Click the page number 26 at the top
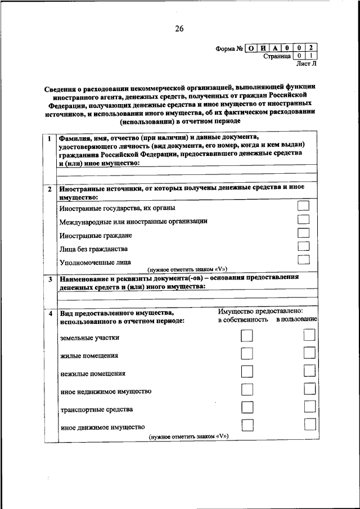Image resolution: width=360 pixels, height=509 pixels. click(x=179, y=29)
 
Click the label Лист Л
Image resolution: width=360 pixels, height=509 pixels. click(x=307, y=65)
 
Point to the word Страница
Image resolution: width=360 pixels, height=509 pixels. click(x=276, y=56)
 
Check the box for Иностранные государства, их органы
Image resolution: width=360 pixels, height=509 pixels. click(x=304, y=207)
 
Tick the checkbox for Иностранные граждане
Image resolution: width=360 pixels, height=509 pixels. click(x=304, y=233)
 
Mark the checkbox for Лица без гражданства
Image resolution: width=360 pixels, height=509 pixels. click(x=304, y=246)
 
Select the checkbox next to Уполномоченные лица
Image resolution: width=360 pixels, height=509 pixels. click(x=304, y=260)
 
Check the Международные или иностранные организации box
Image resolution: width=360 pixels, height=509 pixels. click(x=304, y=220)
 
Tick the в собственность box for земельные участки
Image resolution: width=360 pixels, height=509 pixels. click(x=246, y=336)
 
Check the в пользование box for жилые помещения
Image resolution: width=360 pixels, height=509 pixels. click(x=309, y=353)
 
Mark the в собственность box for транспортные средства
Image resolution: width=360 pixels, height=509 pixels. click(x=246, y=407)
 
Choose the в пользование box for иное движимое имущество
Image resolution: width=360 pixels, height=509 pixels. click(x=309, y=424)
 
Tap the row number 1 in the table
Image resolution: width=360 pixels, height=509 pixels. click(x=50, y=139)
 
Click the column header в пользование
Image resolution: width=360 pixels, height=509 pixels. click(x=296, y=319)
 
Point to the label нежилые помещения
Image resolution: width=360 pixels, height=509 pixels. click(x=85, y=373)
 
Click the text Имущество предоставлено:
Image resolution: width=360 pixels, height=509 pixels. click(x=260, y=310)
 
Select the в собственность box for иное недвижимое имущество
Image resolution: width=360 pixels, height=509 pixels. click(x=246, y=389)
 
